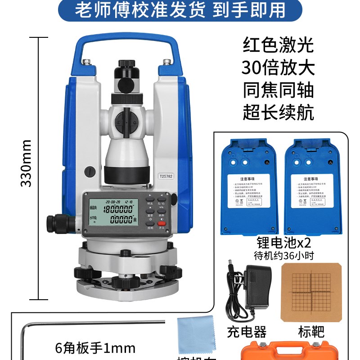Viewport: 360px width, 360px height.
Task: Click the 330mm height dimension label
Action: click(26, 163)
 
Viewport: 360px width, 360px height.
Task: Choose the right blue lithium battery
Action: click(313, 187)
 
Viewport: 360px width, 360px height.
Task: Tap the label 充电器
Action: click(246, 332)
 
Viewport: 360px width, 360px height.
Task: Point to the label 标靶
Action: click(311, 332)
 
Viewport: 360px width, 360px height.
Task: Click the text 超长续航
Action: click(278, 112)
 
